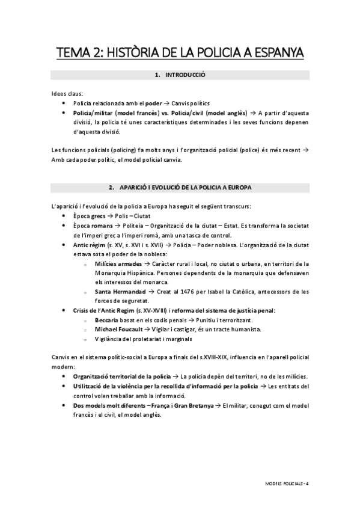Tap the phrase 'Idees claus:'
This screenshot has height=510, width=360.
click(67, 94)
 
